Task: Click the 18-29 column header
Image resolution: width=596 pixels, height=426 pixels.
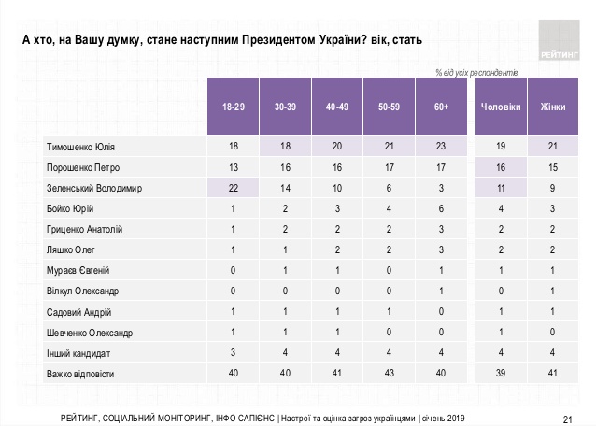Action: pos(234,107)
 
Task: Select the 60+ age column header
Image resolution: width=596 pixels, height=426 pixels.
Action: pos(441,107)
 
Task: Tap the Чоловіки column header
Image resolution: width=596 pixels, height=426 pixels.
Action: pos(501,107)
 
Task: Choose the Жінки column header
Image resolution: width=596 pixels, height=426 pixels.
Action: pos(552,107)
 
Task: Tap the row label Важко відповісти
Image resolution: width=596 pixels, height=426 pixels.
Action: pos(80,374)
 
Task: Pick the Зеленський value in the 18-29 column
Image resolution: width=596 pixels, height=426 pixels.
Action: pos(234,188)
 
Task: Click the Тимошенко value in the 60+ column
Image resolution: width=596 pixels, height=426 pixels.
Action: pos(441,147)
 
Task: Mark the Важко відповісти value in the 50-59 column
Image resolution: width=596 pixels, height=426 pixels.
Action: pos(389,374)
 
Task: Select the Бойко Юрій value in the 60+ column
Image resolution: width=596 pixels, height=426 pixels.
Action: pos(441,209)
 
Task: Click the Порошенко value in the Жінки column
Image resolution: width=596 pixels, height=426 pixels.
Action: pos(552,167)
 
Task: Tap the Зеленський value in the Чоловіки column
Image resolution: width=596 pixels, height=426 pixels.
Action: pos(501,188)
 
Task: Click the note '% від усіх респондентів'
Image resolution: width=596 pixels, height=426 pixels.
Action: pos(477,72)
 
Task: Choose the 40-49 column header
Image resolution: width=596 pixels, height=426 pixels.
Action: pos(337,107)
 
